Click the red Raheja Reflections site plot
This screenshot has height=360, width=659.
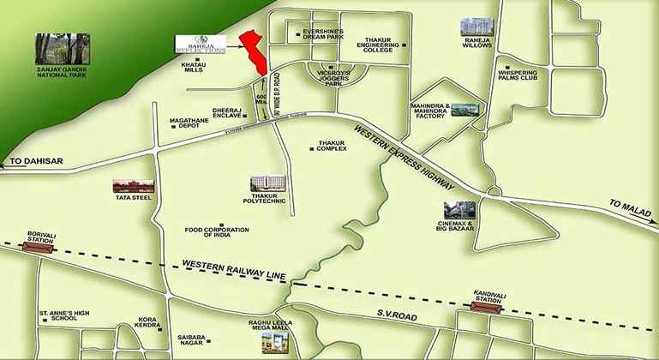(x=254, y=53)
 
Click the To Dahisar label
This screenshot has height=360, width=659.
(x=28, y=161)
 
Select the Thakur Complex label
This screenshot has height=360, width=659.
(x=331, y=146)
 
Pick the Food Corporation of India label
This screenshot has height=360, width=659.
(x=216, y=231)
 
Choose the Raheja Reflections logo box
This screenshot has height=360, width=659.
(x=199, y=45)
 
